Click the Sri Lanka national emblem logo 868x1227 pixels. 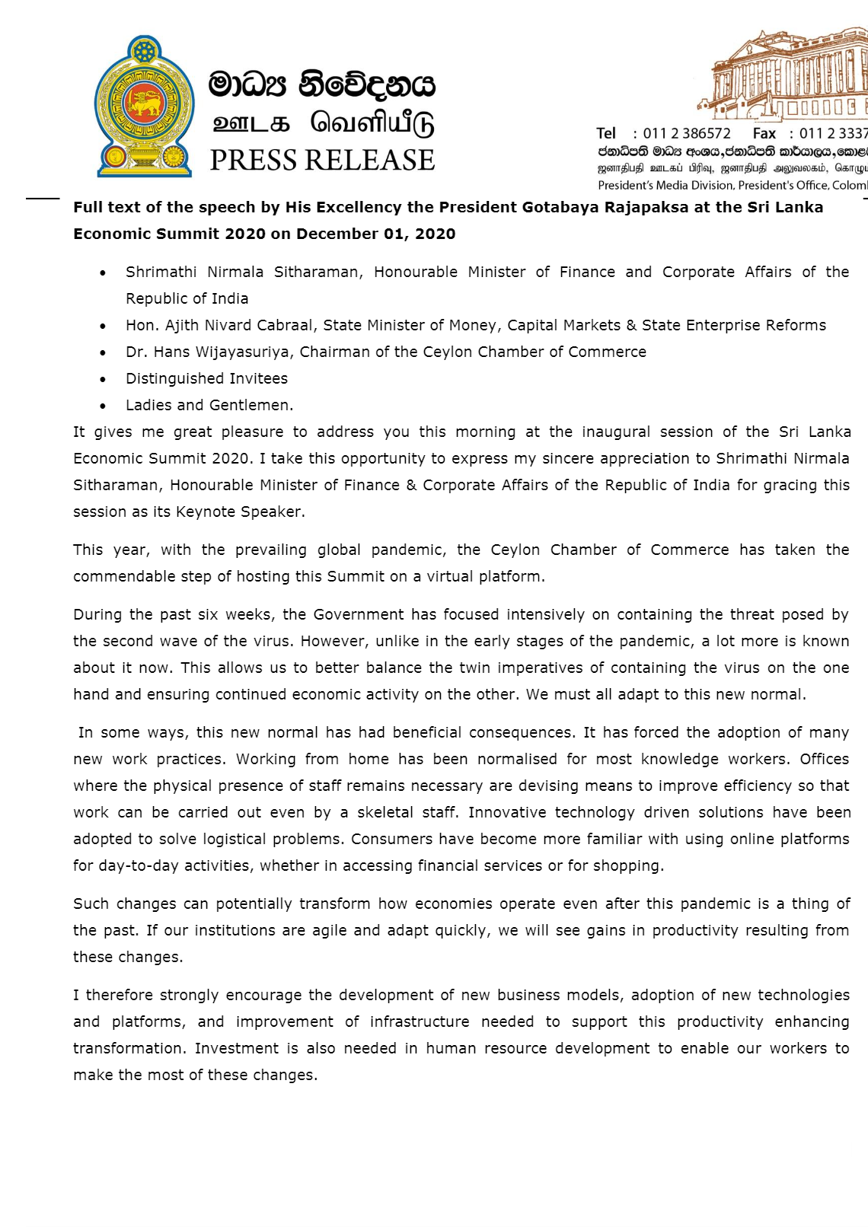[x=144, y=107]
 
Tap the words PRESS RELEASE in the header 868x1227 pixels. [x=322, y=161]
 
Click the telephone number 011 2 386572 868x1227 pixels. [x=687, y=133]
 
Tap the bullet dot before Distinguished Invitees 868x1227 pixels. [x=103, y=379]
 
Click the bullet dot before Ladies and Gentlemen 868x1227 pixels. [x=103, y=406]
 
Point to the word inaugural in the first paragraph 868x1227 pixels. [x=616, y=432]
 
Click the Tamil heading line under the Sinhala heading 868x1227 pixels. [x=323, y=123]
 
